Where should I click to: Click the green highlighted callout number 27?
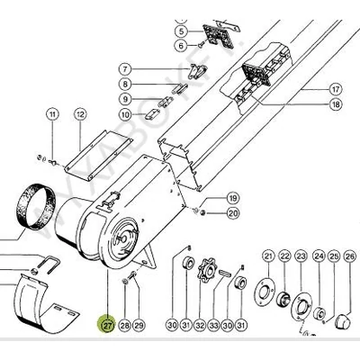tap(107, 324)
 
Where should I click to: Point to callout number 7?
tap(126, 68)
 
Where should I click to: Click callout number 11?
tap(54, 114)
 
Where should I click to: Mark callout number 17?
tap(335, 89)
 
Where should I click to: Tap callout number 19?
tap(231, 198)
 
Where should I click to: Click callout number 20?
tap(231, 213)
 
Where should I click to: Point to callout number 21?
tap(268, 257)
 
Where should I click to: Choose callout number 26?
tap(336, 257)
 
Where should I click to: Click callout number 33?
tap(214, 324)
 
